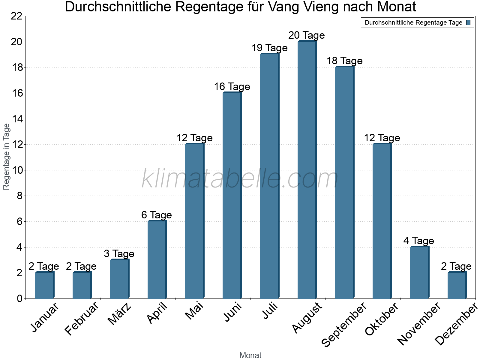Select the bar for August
point(307,170)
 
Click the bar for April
point(157,260)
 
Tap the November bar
point(419,272)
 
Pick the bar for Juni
point(232,196)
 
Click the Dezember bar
point(457,285)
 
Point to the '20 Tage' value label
point(307,35)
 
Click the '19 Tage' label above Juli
point(269,48)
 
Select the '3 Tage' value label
point(119,254)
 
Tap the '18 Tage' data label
point(344,61)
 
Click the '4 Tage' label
point(418,241)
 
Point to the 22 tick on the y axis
point(17,16)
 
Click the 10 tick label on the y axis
point(17,170)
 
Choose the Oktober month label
point(382,319)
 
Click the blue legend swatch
point(468,22)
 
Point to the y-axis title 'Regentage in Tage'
point(6,157)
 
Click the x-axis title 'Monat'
point(250,355)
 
